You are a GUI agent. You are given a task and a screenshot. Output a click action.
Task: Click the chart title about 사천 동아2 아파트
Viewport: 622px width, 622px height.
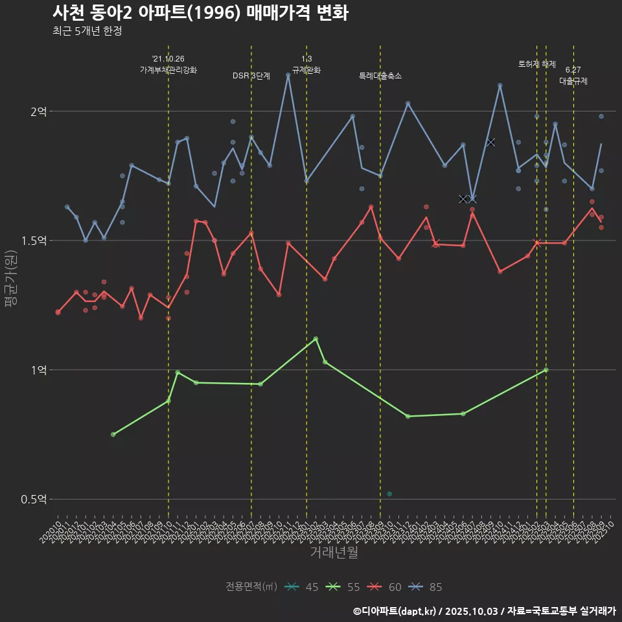tap(200, 13)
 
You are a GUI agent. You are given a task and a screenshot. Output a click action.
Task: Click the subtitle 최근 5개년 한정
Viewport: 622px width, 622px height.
tap(87, 31)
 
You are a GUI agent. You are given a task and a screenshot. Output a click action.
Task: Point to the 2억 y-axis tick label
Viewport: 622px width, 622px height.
tap(39, 111)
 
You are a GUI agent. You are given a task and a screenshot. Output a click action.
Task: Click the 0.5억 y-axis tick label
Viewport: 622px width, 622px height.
tap(34, 500)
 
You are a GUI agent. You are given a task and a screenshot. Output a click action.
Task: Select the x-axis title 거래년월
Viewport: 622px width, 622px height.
tap(334, 553)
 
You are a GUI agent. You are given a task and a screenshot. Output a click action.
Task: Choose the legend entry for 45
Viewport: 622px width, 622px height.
tap(303, 587)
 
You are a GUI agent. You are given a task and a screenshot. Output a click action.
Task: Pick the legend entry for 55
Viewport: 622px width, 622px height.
tap(344, 587)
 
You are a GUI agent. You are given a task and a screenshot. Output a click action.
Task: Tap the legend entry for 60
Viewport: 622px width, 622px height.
tap(386, 587)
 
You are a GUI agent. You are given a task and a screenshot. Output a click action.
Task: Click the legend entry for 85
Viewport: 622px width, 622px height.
tap(427, 587)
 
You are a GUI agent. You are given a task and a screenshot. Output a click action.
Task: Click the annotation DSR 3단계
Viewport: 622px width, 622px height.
tap(251, 76)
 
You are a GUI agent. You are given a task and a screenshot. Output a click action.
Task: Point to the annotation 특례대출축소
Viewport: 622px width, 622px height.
tap(380, 76)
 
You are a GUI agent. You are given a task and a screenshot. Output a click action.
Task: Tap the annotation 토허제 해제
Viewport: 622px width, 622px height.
tap(537, 64)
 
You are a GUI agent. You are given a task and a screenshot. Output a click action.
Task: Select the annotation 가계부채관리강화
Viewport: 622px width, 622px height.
tap(168, 70)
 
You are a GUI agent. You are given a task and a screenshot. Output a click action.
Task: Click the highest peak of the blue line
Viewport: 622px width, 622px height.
tap(288, 75)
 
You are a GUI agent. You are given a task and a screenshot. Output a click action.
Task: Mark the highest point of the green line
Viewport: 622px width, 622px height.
tap(316, 339)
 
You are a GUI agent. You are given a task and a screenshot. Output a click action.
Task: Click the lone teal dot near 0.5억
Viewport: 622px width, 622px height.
tap(389, 494)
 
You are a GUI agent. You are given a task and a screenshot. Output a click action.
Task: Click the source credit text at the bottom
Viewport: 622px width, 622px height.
tap(485, 611)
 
